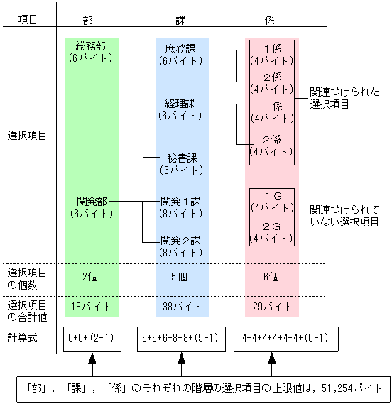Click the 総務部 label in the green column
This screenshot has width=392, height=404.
click(x=91, y=46)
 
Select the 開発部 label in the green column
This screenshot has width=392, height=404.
click(x=92, y=201)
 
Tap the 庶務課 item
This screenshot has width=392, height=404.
click(x=181, y=50)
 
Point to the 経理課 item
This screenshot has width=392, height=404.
click(x=181, y=103)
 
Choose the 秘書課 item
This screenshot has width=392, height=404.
click(x=181, y=158)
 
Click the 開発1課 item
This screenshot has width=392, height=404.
click(x=181, y=201)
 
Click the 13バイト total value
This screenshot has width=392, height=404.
click(x=90, y=307)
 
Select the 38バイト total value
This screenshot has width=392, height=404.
click(x=181, y=307)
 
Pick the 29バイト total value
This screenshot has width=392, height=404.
click(x=272, y=307)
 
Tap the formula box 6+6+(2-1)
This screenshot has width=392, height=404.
click(x=91, y=338)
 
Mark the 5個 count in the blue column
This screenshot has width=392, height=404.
click(x=181, y=277)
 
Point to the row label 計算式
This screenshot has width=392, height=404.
click(x=22, y=337)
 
